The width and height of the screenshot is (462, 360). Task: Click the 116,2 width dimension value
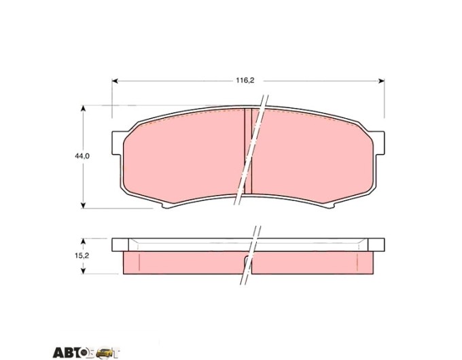point(245,80)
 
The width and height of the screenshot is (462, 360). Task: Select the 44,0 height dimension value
point(82,156)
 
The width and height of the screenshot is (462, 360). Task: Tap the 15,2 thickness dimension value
point(82,255)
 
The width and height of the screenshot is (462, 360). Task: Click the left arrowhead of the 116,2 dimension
point(115,81)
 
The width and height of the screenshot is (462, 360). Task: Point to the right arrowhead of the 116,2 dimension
point(381,81)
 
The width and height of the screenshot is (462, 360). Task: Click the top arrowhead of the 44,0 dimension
point(84,108)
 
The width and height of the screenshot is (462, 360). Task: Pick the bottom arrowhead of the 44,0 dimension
point(84,205)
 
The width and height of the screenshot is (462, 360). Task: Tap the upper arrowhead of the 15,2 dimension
point(84,241)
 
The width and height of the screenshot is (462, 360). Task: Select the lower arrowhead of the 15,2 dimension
point(84,271)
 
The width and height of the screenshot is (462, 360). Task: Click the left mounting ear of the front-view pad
point(117,143)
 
